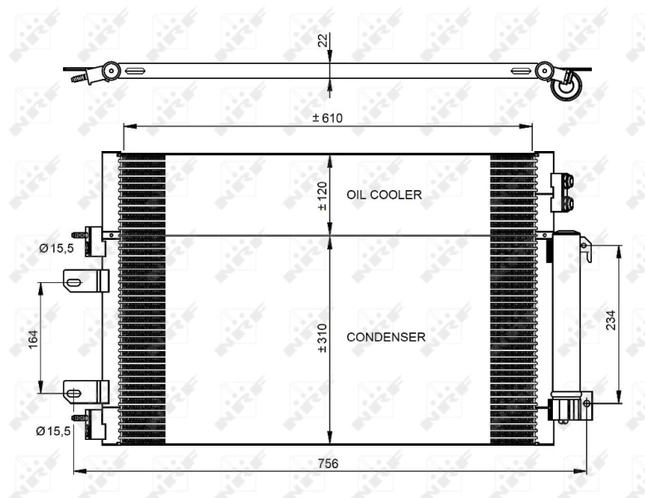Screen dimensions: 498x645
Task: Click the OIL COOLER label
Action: [x=384, y=194]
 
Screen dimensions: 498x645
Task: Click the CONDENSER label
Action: [x=386, y=337]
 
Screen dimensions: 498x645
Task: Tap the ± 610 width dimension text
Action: [x=327, y=119]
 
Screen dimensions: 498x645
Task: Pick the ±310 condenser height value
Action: [x=322, y=337]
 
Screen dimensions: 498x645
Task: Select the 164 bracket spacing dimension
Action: [x=33, y=339]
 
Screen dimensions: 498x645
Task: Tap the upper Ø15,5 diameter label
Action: [x=56, y=247]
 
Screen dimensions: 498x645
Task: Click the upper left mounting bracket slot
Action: [x=74, y=282]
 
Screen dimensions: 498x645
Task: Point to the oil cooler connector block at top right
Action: [x=562, y=193]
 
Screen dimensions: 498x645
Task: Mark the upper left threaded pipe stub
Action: [x=81, y=234]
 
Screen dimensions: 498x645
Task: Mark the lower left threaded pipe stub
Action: [x=81, y=417]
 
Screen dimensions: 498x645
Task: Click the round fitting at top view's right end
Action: [x=566, y=86]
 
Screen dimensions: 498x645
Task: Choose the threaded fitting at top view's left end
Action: [x=81, y=79]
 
